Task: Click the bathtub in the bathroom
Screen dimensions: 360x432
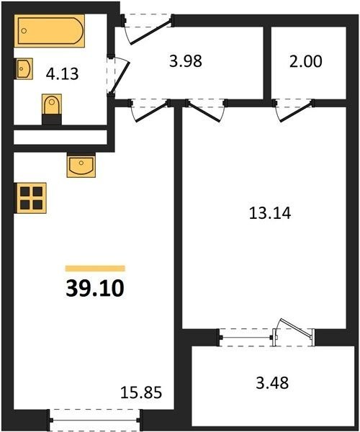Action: (x=49, y=31)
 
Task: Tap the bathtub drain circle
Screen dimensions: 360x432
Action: (x=24, y=31)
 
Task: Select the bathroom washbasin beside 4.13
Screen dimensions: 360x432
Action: (x=24, y=68)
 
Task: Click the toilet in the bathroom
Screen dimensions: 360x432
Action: (x=52, y=104)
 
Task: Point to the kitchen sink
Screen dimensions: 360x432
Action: (x=81, y=166)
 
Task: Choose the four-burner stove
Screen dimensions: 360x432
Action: (x=30, y=198)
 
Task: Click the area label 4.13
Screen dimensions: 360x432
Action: (x=62, y=74)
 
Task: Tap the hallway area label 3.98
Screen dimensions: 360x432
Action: (x=186, y=61)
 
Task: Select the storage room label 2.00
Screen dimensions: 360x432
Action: (x=305, y=61)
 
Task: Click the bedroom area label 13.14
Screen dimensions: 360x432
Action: (x=270, y=214)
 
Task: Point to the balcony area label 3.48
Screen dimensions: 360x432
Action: (x=272, y=383)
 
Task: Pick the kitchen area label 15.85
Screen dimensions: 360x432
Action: (x=141, y=392)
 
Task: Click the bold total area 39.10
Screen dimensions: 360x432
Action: (x=95, y=289)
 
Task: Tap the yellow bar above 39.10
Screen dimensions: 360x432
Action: (x=95, y=269)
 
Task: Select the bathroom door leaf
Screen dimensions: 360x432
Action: (x=120, y=78)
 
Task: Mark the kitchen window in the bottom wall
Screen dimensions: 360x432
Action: (x=94, y=420)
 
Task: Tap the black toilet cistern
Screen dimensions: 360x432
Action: (x=52, y=120)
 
